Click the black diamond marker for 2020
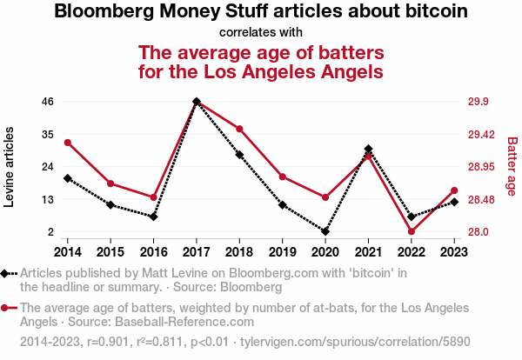coord(325,232)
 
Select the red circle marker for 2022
coord(411,231)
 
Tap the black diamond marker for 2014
coord(68,178)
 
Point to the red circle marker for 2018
coord(239,130)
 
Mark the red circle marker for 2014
coord(68,143)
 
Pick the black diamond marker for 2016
coord(154,217)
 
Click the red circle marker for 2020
coord(325,197)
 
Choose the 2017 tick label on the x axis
coord(197,252)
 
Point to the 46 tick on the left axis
coord(48,102)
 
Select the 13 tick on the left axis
coord(48,200)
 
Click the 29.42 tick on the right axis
coord(481,135)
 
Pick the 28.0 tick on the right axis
coord(478,232)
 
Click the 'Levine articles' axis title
coord(10,167)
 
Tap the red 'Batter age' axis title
coord(512,166)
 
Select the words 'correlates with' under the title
coord(261,33)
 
